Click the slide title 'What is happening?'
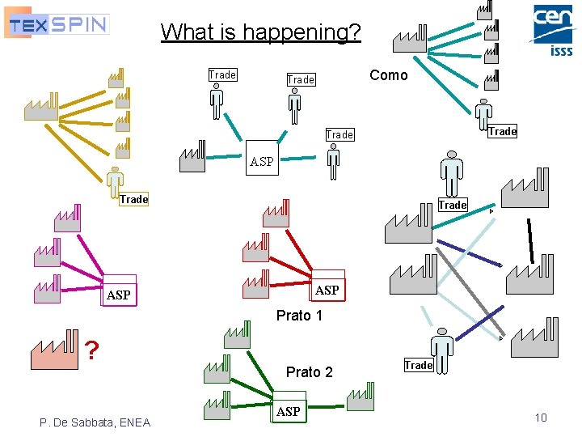(x=260, y=32)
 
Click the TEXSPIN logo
(x=57, y=23)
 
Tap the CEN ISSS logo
(x=552, y=30)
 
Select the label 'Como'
(x=388, y=75)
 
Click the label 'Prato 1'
(x=299, y=316)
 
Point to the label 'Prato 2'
(x=309, y=371)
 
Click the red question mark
(x=93, y=350)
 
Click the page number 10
(x=541, y=418)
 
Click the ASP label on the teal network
(x=262, y=161)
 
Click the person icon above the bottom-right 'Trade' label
(x=441, y=350)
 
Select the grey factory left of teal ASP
(x=192, y=157)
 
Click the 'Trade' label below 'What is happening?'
(x=222, y=75)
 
